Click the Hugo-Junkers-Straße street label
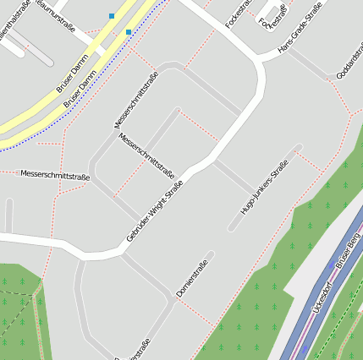pyautogui.click(x=265, y=188)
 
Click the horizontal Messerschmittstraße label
pyautogui.click(x=55, y=176)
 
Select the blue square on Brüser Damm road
pyautogui.click(x=129, y=32)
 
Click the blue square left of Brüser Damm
pyautogui.click(x=111, y=15)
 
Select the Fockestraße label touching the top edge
pyautogui.click(x=243, y=10)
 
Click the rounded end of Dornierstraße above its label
pyautogui.click(x=210, y=254)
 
